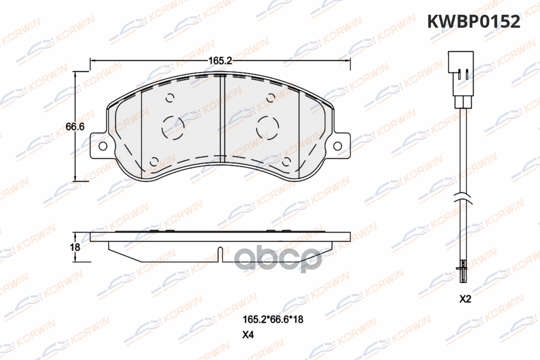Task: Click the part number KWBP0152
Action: tap(474, 22)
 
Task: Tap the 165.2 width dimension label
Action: tap(220, 61)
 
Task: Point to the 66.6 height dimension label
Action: tap(75, 126)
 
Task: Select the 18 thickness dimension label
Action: tap(75, 247)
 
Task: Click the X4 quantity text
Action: tap(248, 335)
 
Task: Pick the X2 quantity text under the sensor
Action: tap(465, 299)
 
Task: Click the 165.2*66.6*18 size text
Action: tap(273, 319)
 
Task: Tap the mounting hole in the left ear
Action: tap(103, 146)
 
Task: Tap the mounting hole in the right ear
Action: tap(337, 146)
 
